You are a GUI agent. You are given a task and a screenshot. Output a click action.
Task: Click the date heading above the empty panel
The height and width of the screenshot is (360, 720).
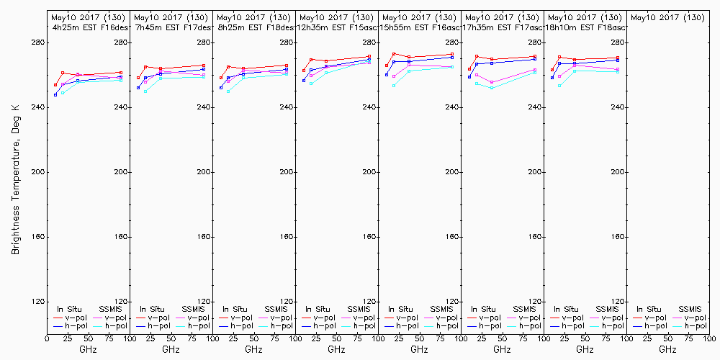(x=667, y=17)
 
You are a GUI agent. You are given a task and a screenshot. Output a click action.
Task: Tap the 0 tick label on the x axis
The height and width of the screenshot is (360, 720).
(x=47, y=337)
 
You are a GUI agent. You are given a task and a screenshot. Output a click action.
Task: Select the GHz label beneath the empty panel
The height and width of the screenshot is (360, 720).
(x=667, y=349)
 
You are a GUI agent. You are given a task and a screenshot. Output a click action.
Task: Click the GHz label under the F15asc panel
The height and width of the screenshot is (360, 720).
(x=336, y=349)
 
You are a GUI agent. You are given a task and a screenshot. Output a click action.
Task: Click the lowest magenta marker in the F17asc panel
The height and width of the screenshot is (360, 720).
(x=492, y=82)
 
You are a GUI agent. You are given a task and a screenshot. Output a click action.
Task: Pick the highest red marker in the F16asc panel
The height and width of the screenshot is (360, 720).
(x=394, y=54)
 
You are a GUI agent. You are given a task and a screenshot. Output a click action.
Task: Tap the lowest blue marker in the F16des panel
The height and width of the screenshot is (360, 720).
(x=55, y=94)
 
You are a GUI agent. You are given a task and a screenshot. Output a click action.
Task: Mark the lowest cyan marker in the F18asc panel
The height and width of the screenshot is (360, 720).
(x=559, y=86)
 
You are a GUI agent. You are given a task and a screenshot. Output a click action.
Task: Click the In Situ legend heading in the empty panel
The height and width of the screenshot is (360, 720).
(x=649, y=309)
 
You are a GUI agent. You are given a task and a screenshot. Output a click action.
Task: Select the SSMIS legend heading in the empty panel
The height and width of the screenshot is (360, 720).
(x=691, y=309)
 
